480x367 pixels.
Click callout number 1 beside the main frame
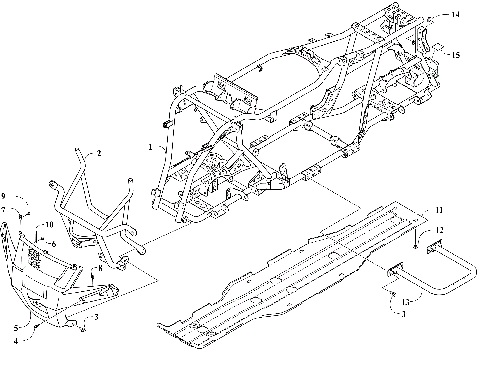[x=151, y=146]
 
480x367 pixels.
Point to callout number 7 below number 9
[x=6, y=209]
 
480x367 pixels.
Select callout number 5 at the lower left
[x=17, y=327]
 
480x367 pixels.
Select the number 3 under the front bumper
[x=96, y=316]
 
